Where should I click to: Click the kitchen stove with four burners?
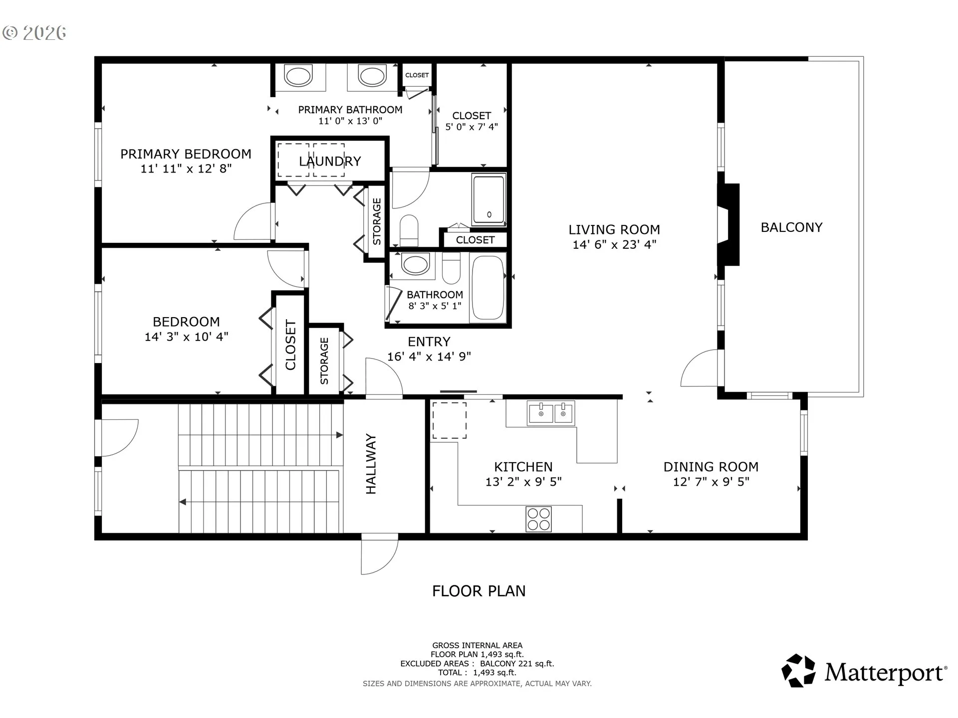click(538, 519)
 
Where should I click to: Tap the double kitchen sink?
click(551, 413)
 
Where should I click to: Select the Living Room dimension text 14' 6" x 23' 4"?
click(614, 244)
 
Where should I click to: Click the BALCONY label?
click(791, 227)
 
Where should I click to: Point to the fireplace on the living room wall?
click(728, 224)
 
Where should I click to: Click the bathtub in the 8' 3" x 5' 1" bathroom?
click(488, 287)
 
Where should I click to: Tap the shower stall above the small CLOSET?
click(489, 199)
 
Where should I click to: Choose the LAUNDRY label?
click(330, 161)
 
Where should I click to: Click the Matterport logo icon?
click(798, 671)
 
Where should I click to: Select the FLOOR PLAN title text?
click(479, 591)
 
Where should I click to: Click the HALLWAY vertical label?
click(371, 464)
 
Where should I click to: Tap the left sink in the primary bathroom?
click(298, 76)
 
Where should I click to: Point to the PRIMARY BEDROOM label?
click(186, 154)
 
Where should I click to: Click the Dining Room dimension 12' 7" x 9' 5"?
click(711, 482)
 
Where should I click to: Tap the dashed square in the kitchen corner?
click(449, 420)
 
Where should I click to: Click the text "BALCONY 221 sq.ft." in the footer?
click(517, 664)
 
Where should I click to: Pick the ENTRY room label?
click(429, 342)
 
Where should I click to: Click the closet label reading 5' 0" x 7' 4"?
click(472, 127)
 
